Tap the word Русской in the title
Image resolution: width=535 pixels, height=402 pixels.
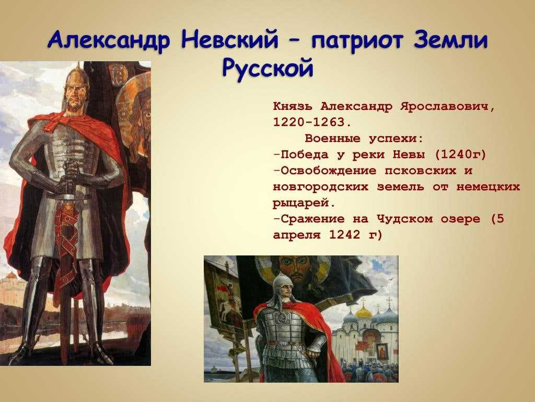(x=268, y=68)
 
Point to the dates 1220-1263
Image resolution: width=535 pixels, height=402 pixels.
(x=312, y=122)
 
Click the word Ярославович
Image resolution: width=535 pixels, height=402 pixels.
(x=447, y=107)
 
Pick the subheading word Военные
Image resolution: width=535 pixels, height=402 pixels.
(x=332, y=138)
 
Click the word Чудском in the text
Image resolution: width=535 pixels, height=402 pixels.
(x=404, y=219)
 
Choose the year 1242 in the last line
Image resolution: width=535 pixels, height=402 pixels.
(x=345, y=235)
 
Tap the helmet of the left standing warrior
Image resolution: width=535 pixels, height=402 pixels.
(x=77, y=77)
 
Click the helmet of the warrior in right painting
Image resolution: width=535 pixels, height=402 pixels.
(x=284, y=282)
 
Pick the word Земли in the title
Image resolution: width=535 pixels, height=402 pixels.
(x=451, y=40)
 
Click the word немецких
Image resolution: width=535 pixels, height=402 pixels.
(x=488, y=187)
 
